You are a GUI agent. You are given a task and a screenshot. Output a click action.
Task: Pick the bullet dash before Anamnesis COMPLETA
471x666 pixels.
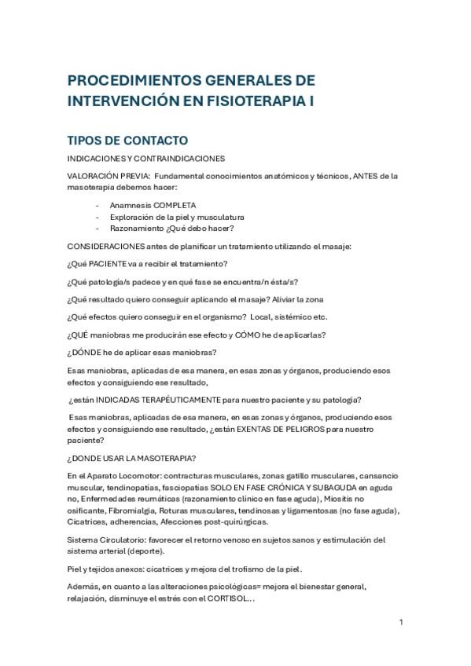[98, 205]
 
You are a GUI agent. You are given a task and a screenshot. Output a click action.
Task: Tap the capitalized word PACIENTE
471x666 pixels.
[108, 263]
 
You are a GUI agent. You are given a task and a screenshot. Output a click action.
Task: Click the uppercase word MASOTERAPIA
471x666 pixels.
[154, 458]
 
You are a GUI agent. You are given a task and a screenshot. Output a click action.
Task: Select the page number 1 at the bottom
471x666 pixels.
[401, 623]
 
